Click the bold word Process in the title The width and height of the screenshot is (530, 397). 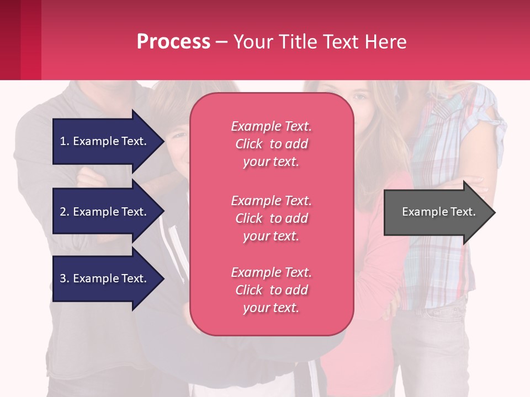pos(173,42)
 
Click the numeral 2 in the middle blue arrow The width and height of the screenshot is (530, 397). pos(63,212)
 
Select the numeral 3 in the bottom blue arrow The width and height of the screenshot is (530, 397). pos(63,278)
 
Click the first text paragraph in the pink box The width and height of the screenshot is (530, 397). pos(271,144)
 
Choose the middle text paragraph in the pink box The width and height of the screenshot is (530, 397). pos(271,218)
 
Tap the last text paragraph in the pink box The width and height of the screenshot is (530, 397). pos(271,290)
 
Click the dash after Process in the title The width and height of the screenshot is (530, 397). pos(221,42)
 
